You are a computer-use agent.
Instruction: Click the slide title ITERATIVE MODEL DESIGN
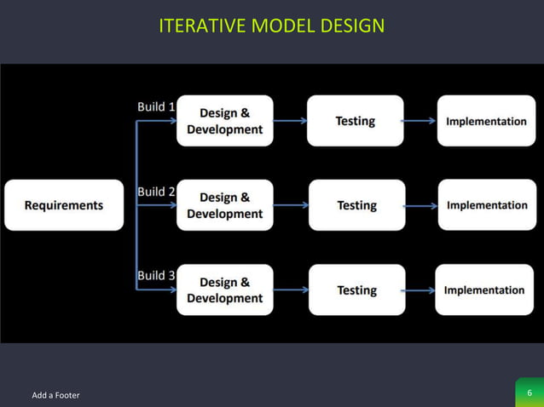271,26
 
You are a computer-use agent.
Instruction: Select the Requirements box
64,205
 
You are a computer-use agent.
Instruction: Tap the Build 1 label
156,107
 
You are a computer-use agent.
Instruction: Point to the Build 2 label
156,192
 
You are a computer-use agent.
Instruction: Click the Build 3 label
156,276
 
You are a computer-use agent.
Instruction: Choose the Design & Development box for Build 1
225,121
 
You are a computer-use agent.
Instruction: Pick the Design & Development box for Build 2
225,205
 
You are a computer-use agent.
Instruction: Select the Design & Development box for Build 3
225,289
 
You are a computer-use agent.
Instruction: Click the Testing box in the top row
355,121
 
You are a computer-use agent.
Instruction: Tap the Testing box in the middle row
356,205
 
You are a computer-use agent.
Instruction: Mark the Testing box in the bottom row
356,289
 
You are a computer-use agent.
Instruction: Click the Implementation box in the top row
486,121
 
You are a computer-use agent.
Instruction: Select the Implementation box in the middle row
487,205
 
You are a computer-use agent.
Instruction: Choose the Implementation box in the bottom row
484,289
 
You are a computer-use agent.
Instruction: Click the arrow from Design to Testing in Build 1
290,121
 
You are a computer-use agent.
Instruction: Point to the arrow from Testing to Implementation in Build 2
421,205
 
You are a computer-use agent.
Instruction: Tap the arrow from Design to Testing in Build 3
291,289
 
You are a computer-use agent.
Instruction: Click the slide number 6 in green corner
530,393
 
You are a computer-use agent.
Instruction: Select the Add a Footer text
55,395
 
